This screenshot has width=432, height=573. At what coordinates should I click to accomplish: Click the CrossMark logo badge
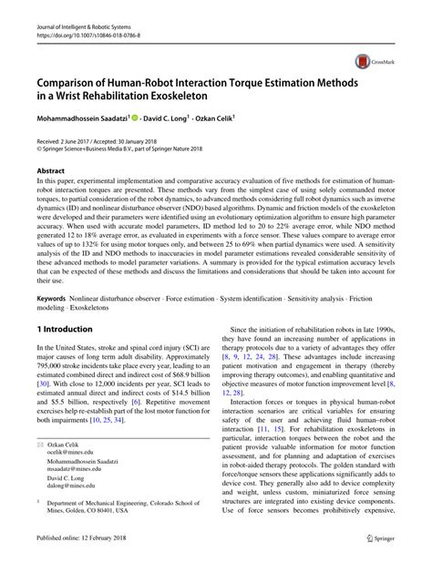tap(365, 62)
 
